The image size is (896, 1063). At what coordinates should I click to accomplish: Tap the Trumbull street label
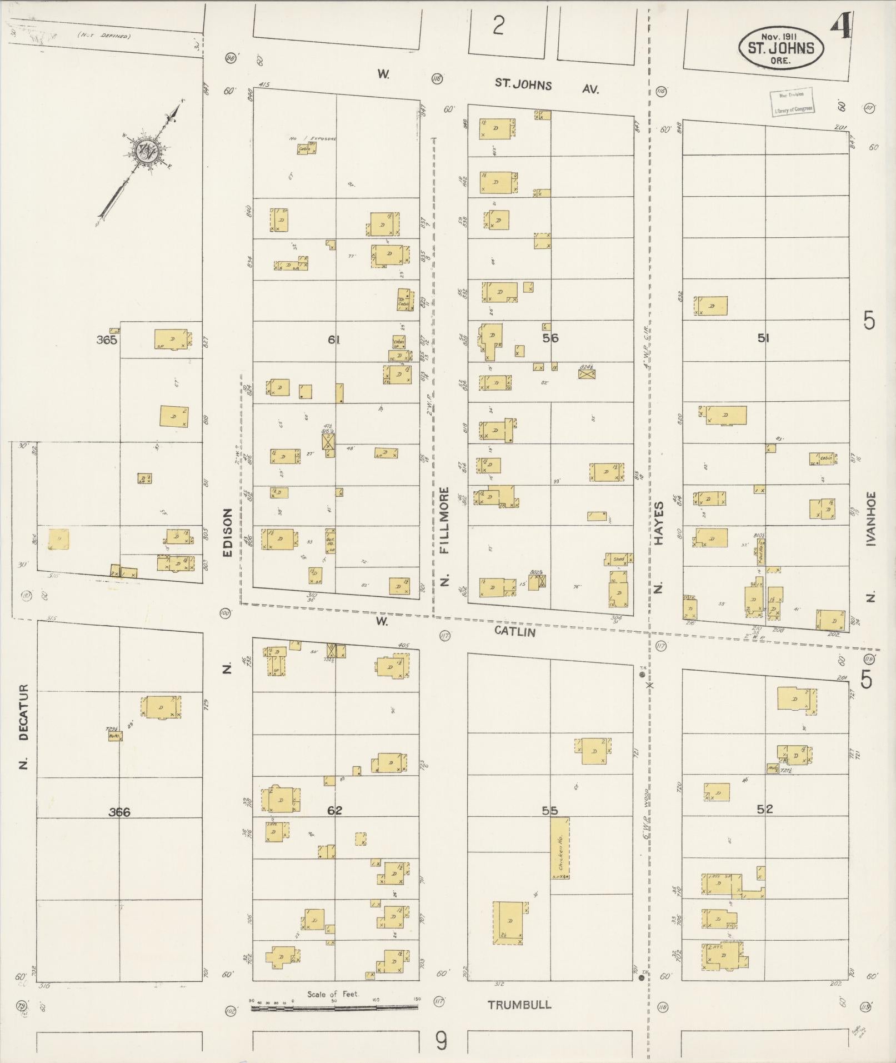[519, 1005]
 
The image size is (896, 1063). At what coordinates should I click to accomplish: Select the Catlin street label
[514, 632]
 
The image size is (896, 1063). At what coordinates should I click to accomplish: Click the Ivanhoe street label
[870, 518]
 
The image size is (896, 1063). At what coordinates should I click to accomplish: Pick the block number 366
[119, 812]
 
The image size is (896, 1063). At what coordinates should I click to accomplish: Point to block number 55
[549, 811]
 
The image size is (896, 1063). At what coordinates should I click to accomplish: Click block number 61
[334, 340]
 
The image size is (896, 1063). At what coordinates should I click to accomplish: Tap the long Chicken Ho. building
[560, 848]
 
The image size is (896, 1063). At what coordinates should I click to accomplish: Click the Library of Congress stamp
[792, 102]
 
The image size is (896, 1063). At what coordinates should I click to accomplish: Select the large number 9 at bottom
[441, 1042]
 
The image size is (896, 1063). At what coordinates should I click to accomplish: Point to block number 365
[106, 340]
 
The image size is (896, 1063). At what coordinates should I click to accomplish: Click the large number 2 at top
[498, 26]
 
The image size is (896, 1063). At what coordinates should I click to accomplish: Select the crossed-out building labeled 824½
[587, 374]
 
